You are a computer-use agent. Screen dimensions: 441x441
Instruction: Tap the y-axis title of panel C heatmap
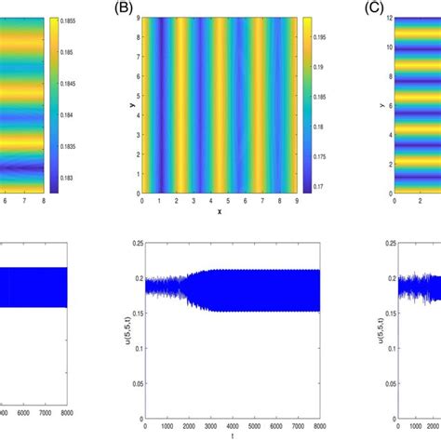click(x=381, y=104)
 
